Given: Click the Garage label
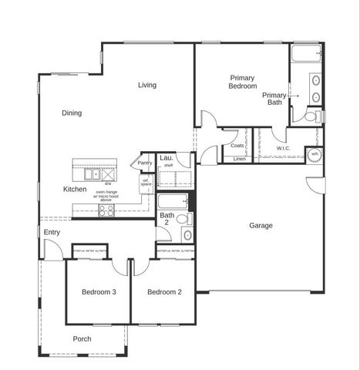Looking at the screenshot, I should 261,226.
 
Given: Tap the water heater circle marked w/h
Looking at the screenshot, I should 314,153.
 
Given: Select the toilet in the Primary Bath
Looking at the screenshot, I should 311,117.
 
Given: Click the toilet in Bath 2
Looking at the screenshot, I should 182,219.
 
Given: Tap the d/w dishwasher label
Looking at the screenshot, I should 109,184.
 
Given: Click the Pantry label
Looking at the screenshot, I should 144,163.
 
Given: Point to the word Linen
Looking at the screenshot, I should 239,159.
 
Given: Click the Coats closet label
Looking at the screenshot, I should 237,145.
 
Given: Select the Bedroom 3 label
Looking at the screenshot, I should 99,292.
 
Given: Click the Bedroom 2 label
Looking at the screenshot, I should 164,292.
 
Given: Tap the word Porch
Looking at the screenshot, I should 82,339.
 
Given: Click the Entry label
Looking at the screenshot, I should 52,232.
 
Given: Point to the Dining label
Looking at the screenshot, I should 72,113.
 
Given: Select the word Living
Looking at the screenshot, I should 148,85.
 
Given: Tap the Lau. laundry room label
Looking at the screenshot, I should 165,157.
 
